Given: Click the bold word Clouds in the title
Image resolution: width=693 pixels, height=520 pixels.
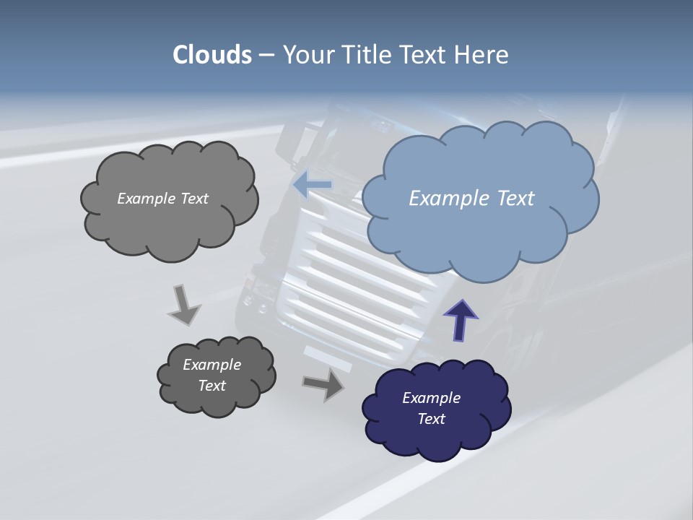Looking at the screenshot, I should click(x=212, y=55).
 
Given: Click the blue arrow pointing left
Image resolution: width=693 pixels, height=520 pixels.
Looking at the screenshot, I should click(x=313, y=185).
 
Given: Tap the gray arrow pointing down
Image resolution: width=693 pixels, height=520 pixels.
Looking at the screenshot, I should click(x=184, y=305).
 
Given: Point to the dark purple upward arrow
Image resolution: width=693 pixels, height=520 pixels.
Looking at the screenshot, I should click(x=461, y=320).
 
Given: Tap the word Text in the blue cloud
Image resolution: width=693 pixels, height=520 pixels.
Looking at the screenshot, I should click(x=516, y=198).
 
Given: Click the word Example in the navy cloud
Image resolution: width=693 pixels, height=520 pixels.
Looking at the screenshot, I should click(x=431, y=398).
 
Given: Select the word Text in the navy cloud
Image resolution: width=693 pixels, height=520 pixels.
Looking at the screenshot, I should click(x=431, y=419).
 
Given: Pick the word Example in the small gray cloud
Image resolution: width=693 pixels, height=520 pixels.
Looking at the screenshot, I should click(x=212, y=365).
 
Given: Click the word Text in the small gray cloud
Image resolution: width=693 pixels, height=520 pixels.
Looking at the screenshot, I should click(x=212, y=386).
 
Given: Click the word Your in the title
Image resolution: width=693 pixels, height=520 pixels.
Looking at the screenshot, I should click(x=308, y=55).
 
